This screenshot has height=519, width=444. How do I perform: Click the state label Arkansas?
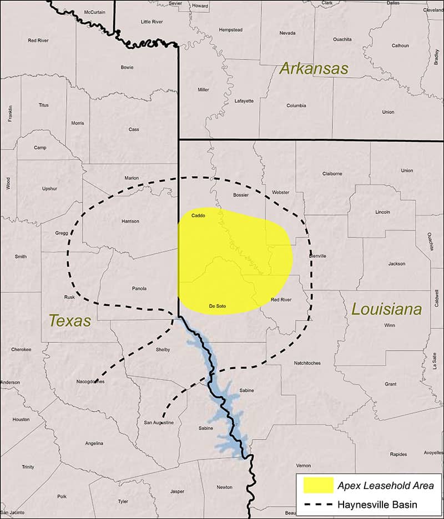pyautogui.click(x=314, y=69)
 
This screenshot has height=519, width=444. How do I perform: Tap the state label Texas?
pyautogui.click(x=69, y=321)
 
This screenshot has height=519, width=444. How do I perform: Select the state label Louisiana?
pyautogui.click(x=386, y=310)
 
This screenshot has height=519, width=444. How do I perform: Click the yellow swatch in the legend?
pyautogui.click(x=318, y=485)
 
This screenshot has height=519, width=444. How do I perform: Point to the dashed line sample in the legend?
pyautogui.click(x=318, y=505)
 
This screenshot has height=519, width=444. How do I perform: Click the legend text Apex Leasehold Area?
pyautogui.click(x=386, y=486)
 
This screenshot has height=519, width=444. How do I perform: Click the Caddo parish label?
pyautogui.click(x=198, y=215)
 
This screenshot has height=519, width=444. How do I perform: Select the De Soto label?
pyautogui.click(x=217, y=306)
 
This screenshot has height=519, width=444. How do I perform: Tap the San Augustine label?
pyautogui.click(x=159, y=423)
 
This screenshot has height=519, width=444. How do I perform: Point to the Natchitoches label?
pyautogui.click(x=307, y=363)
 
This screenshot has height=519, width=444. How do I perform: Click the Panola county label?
pyautogui.click(x=139, y=288)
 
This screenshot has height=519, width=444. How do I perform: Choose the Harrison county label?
pyautogui.click(x=130, y=221)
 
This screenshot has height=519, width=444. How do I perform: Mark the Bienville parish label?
pyautogui.click(x=317, y=256)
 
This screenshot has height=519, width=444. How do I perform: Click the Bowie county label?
pyautogui.click(x=127, y=67)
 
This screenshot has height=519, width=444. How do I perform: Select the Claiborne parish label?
pyautogui.click(x=332, y=173)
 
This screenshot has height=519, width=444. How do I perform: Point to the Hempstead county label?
pyautogui.click(x=231, y=29)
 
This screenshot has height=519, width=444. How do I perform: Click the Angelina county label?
pyautogui.click(x=94, y=443)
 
